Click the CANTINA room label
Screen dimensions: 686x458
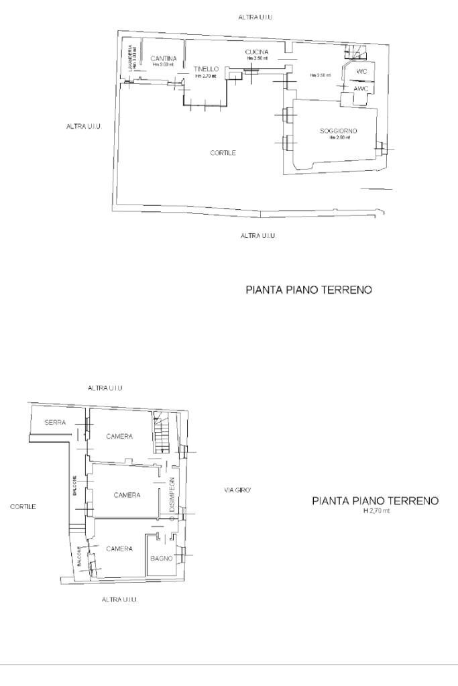click(x=164, y=58)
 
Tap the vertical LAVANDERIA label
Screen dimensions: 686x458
click(x=130, y=56)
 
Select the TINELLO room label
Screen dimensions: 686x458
click(x=206, y=69)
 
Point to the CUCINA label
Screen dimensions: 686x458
click(x=257, y=52)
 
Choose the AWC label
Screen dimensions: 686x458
click(x=361, y=89)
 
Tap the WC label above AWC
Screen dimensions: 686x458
click(x=361, y=71)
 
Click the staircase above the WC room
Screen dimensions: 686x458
click(x=355, y=51)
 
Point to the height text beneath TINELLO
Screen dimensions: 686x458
click(x=206, y=76)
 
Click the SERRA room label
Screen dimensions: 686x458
click(x=55, y=422)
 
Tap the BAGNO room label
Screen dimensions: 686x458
click(x=162, y=558)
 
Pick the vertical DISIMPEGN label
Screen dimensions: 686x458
click(x=172, y=496)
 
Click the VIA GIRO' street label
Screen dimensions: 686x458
click(x=237, y=491)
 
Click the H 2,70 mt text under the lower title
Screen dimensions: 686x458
click(x=376, y=511)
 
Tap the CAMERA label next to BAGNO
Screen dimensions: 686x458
click(x=119, y=549)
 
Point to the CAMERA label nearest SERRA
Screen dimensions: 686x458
click(x=119, y=436)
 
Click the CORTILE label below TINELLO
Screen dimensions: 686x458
click(x=223, y=153)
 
